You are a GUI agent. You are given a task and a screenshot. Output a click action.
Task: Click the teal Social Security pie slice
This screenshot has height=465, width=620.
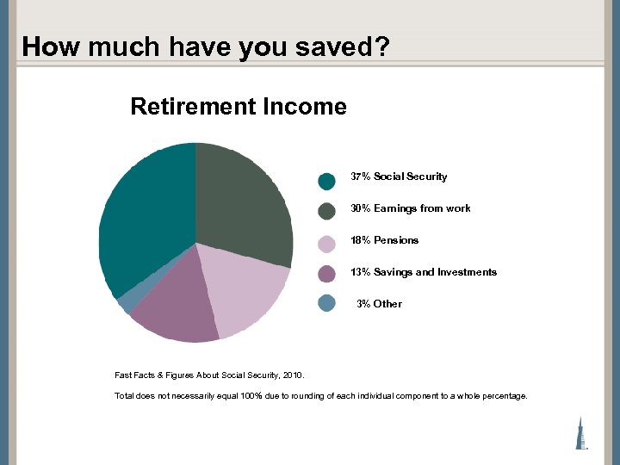coord(146,215)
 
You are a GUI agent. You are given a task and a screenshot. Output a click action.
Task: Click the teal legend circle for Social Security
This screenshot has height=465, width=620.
coord(326,181)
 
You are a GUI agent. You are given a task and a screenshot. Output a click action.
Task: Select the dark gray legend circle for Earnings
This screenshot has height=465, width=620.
coord(326,212)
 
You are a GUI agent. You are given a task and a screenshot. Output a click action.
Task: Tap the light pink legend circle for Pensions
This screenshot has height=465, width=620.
coord(326,244)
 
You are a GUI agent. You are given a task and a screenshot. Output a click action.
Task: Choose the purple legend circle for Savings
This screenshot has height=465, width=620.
coord(326,274)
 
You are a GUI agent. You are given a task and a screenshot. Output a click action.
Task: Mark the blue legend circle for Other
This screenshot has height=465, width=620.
coord(326,303)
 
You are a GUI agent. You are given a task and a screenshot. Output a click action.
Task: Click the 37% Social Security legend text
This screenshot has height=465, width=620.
coord(399,177)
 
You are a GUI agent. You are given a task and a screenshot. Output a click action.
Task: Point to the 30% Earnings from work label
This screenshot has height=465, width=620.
coord(410,208)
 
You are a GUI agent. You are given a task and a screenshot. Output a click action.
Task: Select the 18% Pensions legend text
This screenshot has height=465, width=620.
coord(384,240)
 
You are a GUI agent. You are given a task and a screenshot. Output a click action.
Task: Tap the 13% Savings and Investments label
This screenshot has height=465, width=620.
coord(423,272)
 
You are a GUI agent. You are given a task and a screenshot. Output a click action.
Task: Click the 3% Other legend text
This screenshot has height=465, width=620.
coord(379,304)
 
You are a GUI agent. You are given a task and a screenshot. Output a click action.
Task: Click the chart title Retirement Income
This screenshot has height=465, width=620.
coord(239,107)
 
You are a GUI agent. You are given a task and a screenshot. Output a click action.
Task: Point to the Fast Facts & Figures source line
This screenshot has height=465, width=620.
coord(209,375)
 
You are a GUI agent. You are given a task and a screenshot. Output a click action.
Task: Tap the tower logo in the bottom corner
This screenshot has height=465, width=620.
coord(582,432)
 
